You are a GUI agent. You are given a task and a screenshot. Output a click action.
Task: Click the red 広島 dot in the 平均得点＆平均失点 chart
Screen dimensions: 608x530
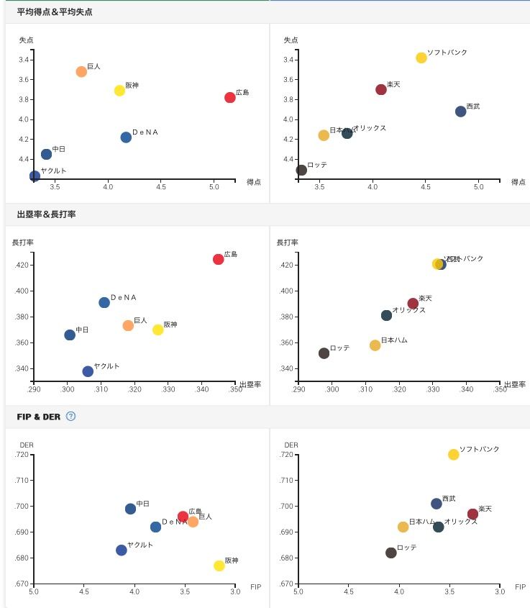tap(230, 97)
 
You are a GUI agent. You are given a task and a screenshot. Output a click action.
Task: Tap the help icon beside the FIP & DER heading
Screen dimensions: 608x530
tap(70, 416)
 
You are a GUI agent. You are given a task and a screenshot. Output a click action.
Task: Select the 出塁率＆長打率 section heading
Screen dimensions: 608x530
tap(46, 214)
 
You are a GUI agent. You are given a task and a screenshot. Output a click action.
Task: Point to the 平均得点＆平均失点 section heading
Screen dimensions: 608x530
tap(55, 12)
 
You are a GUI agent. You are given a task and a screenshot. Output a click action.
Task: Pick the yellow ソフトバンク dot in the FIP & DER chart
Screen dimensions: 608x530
tap(453, 455)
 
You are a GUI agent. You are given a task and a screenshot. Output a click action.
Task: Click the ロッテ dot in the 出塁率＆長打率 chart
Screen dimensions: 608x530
tap(324, 353)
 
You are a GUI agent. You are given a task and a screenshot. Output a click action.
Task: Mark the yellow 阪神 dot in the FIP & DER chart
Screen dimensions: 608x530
tap(219, 566)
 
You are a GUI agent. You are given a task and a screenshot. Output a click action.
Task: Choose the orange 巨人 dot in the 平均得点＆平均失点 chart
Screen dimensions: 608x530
tap(81, 72)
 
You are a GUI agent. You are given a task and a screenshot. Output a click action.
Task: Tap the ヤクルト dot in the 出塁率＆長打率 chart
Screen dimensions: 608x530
tap(88, 371)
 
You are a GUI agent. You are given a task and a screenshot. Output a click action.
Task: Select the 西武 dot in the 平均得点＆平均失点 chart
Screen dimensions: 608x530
tap(460, 112)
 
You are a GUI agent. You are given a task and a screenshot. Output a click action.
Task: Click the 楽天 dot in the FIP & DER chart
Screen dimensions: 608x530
tap(472, 514)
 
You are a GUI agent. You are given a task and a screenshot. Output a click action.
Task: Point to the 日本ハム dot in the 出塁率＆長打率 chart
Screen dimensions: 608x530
tap(375, 345)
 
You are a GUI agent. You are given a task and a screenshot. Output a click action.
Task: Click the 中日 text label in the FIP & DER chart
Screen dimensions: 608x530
tap(142, 504)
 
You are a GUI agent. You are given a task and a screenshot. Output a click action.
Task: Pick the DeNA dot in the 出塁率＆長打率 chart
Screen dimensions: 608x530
tap(104, 302)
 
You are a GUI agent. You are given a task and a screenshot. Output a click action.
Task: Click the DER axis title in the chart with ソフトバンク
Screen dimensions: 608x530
tap(290, 445)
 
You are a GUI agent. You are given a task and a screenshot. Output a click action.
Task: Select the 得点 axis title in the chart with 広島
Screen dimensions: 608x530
tap(253, 182)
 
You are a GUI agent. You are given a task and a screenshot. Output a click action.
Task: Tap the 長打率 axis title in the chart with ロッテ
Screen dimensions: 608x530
tap(288, 242)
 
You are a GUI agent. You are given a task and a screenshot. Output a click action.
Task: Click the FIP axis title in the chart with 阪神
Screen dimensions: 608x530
tap(255, 587)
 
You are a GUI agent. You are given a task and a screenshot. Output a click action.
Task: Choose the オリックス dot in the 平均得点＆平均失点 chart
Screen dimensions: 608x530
tap(347, 133)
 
